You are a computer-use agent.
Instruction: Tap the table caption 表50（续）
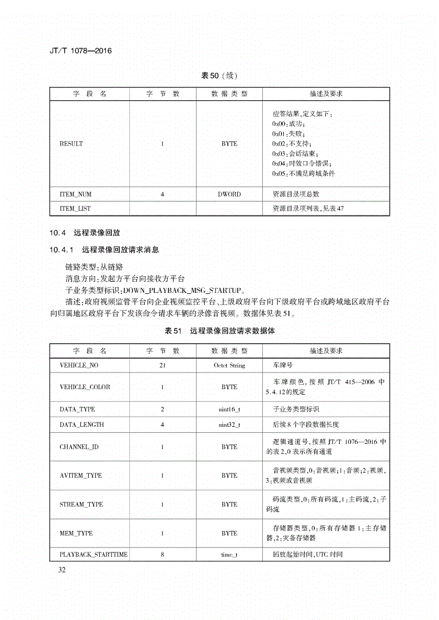pos(219,76)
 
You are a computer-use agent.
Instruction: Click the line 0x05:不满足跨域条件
pos(303,174)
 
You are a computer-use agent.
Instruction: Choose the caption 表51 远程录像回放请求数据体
pos(220,331)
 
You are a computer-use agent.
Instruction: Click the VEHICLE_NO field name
pos(79,366)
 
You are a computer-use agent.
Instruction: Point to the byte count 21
pos(162,366)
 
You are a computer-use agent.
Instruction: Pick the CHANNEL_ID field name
pos(79,447)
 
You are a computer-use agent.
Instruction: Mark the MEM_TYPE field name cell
pos(76,533)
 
